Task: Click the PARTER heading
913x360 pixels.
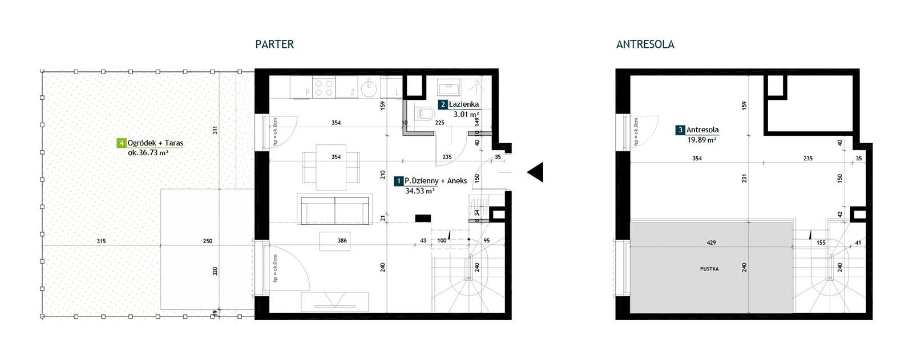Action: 274,44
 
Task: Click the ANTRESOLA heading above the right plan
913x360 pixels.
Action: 645,44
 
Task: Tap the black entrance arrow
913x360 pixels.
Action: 535,172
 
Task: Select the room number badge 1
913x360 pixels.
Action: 399,181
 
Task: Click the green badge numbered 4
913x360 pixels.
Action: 121,143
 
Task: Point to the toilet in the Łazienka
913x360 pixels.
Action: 425,113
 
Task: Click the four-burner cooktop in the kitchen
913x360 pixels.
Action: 324,88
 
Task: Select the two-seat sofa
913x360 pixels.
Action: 334,209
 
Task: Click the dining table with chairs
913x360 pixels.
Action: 331,167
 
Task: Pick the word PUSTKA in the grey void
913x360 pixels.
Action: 709,269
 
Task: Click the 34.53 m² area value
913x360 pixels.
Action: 420,191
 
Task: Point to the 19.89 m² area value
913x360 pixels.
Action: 702,140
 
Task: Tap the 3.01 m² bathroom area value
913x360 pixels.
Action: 466,115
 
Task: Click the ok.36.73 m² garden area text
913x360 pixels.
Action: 148,153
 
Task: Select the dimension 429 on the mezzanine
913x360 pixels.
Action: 711,242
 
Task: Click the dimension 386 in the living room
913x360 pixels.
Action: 342,241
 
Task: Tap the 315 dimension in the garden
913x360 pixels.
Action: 101,241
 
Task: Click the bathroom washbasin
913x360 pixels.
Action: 449,87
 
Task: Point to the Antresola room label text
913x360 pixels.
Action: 702,130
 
